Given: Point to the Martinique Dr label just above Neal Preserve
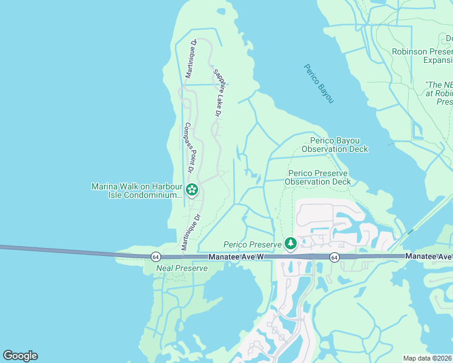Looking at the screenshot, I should coord(191,232).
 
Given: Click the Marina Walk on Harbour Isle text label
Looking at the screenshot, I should coord(136,191).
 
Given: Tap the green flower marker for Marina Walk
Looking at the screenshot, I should coord(192,190).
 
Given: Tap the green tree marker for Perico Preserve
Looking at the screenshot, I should coord(291,243).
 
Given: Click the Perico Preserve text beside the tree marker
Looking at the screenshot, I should coord(253,244).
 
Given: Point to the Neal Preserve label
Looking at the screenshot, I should coord(182,267).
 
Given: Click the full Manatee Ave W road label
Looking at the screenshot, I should coord(237,257).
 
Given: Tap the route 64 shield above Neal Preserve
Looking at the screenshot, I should coord(156,257).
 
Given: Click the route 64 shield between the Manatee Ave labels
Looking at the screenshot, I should coord(334,257).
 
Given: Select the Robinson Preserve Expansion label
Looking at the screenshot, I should coord(422,56).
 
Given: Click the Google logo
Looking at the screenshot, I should coord(20,356).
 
